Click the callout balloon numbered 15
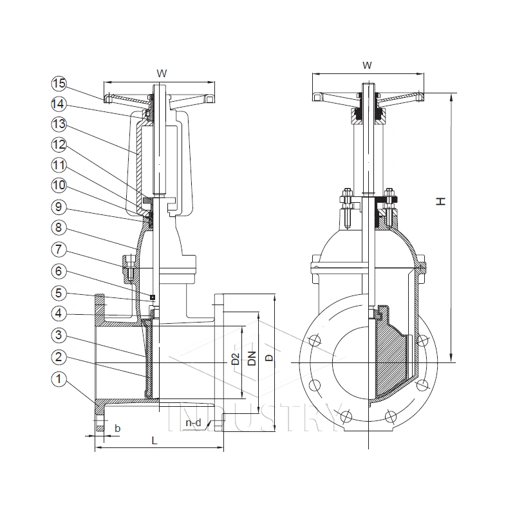pos(59,83)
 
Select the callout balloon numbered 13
pos(59,124)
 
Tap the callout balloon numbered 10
pos(59,186)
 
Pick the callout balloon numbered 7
pos(59,248)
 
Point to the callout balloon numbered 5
pos(59,293)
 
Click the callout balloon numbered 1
pos(59,380)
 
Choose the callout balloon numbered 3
pos(59,335)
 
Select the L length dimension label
pos(153,440)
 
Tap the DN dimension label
pos(252,359)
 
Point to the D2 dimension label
pos(236,359)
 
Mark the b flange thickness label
pos(117,427)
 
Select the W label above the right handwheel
pos(366,65)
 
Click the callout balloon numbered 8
pos(59,227)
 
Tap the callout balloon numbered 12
pos(59,145)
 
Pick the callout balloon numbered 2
pos(59,357)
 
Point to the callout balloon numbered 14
pos(59,103)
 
